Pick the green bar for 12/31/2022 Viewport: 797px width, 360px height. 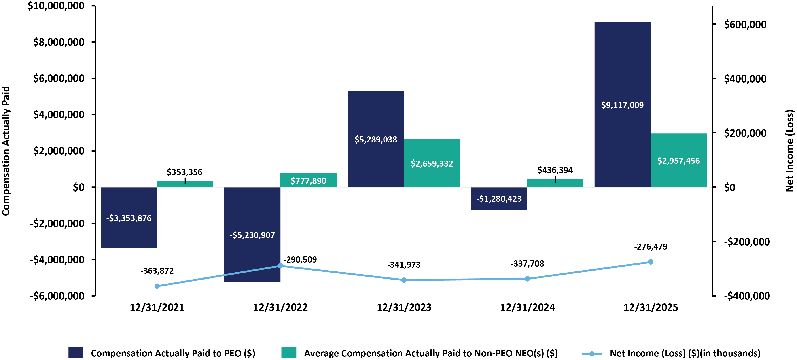click(308, 180)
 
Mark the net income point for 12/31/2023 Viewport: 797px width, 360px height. click(404, 280)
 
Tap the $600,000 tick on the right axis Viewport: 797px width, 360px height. click(745, 24)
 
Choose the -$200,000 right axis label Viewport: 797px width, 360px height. click(746, 241)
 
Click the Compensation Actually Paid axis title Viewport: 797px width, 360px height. click(6, 151)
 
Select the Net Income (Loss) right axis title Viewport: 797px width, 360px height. click(790, 151)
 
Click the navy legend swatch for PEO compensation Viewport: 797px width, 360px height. click(76, 352)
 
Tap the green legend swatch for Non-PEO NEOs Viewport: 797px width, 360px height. click(289, 352)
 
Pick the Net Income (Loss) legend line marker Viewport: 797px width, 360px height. click(591, 354)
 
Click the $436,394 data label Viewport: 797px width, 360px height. click(555, 170)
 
